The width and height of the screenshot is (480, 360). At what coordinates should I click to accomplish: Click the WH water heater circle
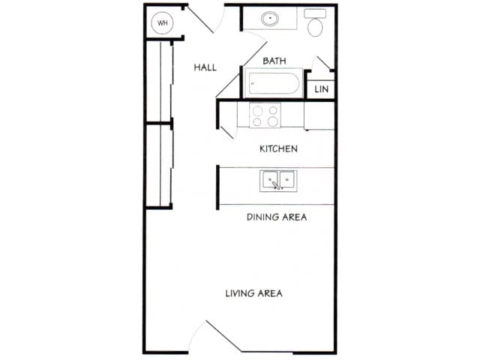point(163,22)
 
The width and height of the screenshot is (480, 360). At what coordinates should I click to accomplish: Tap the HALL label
point(205,67)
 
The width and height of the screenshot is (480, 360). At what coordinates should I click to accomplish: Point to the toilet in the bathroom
point(316,23)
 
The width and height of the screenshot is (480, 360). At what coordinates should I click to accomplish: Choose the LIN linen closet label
point(322,88)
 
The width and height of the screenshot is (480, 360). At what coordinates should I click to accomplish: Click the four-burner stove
point(265,115)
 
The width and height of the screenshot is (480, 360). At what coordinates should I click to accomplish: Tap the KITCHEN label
point(278,148)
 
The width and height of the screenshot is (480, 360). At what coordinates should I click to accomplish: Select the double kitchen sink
point(277,180)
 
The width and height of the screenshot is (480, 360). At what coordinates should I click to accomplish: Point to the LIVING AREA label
point(253,292)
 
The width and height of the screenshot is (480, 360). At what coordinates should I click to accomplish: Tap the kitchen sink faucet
point(276,184)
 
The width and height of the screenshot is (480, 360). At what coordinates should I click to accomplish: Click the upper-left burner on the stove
point(258,109)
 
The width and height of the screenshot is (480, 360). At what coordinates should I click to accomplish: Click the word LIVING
point(241,292)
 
